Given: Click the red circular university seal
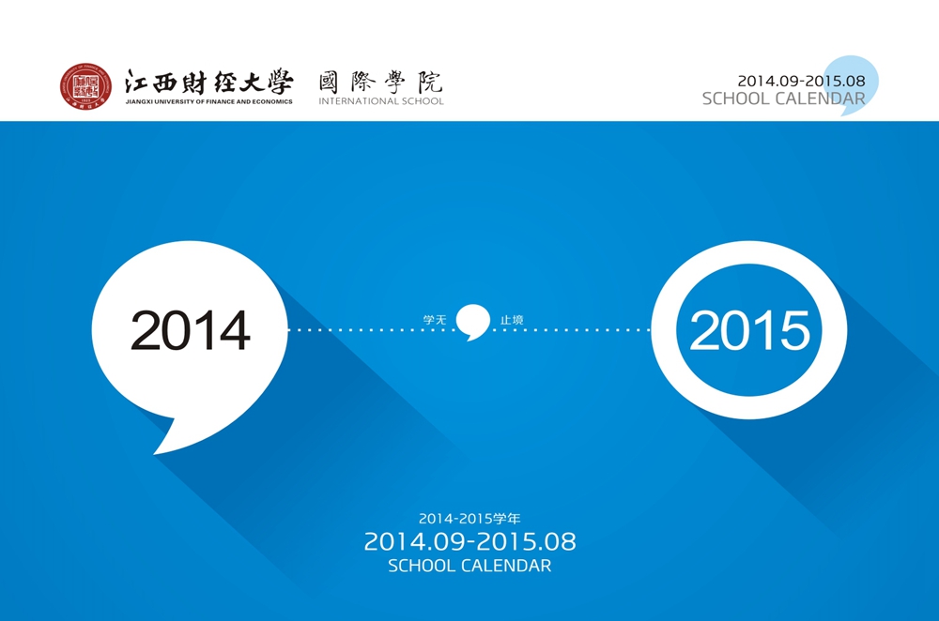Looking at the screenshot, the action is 85,86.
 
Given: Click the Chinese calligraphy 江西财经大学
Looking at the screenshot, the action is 209,82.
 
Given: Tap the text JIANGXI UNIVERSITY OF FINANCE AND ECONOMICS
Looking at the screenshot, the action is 209,101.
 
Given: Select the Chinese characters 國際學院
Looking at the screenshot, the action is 381,82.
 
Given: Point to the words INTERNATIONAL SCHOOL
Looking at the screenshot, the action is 381,101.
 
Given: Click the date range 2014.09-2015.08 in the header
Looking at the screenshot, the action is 801,81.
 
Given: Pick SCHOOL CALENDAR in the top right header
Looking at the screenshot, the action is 784,98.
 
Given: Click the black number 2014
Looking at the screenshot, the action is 190,330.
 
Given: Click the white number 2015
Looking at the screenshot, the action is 749,330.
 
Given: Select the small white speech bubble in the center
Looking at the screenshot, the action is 473,322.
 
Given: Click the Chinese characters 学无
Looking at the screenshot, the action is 435,320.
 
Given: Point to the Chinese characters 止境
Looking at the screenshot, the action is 512,320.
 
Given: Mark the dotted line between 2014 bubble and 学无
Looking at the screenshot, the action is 371,329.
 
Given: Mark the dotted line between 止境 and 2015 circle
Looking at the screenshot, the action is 571,329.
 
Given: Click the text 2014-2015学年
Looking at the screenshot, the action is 469,519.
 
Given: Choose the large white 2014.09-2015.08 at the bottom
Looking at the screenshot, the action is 469,542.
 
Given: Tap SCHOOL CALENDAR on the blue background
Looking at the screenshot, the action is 469,566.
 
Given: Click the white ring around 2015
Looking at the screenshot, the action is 664,330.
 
